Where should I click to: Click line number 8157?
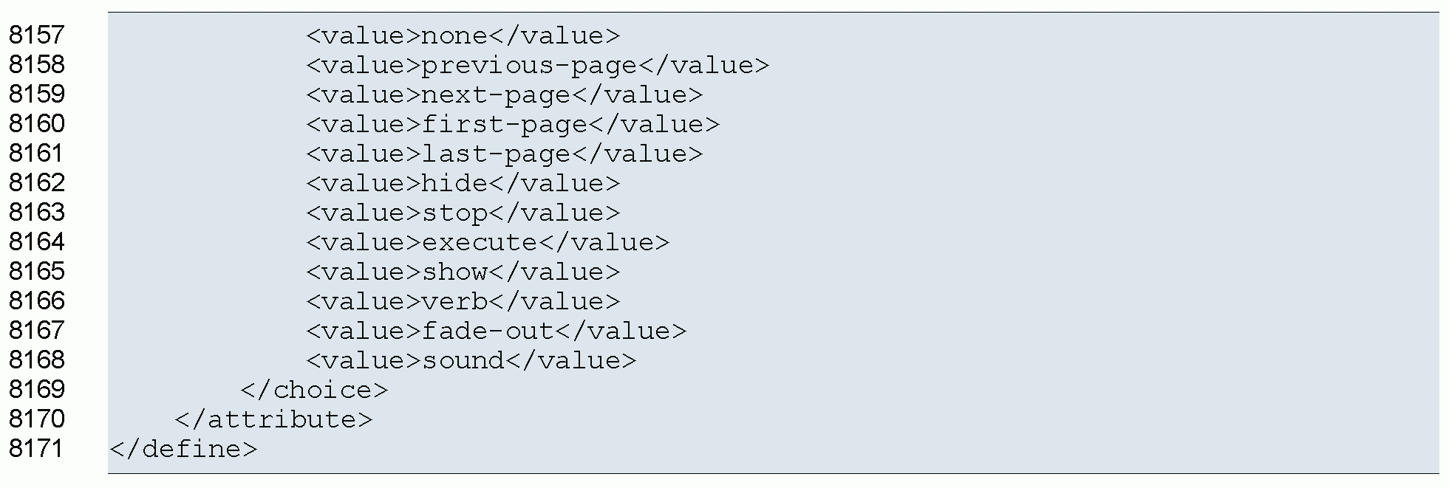click(x=37, y=35)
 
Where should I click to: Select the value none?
click(x=454, y=35)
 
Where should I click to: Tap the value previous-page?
click(x=529, y=65)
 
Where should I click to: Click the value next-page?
click(x=496, y=94)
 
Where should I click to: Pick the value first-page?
click(x=504, y=124)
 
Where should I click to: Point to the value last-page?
click(x=496, y=154)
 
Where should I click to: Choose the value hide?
click(x=454, y=183)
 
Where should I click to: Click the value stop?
click(x=454, y=213)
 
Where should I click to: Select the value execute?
click(x=480, y=242)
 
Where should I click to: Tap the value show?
click(x=454, y=272)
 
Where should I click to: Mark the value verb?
click(x=454, y=301)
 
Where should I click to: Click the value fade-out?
click(x=488, y=331)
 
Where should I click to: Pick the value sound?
click(x=463, y=360)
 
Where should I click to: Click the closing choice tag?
click(x=314, y=390)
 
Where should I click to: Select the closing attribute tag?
click(x=273, y=419)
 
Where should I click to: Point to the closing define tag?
click(x=183, y=449)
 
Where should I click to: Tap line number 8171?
click(x=37, y=448)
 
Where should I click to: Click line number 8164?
click(x=37, y=241)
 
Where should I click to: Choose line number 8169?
click(x=37, y=389)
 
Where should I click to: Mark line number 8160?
click(x=37, y=123)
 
